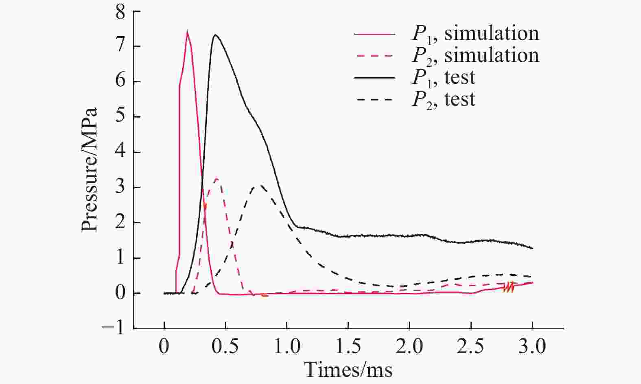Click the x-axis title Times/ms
click(348, 370)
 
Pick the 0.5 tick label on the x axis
click(225, 347)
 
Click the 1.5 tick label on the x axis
click(348, 347)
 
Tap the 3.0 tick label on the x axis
click(532, 347)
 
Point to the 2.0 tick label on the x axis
click(409, 347)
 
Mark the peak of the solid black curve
click(215, 35)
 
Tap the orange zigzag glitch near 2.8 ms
click(509, 287)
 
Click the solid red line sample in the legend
click(374, 34)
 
